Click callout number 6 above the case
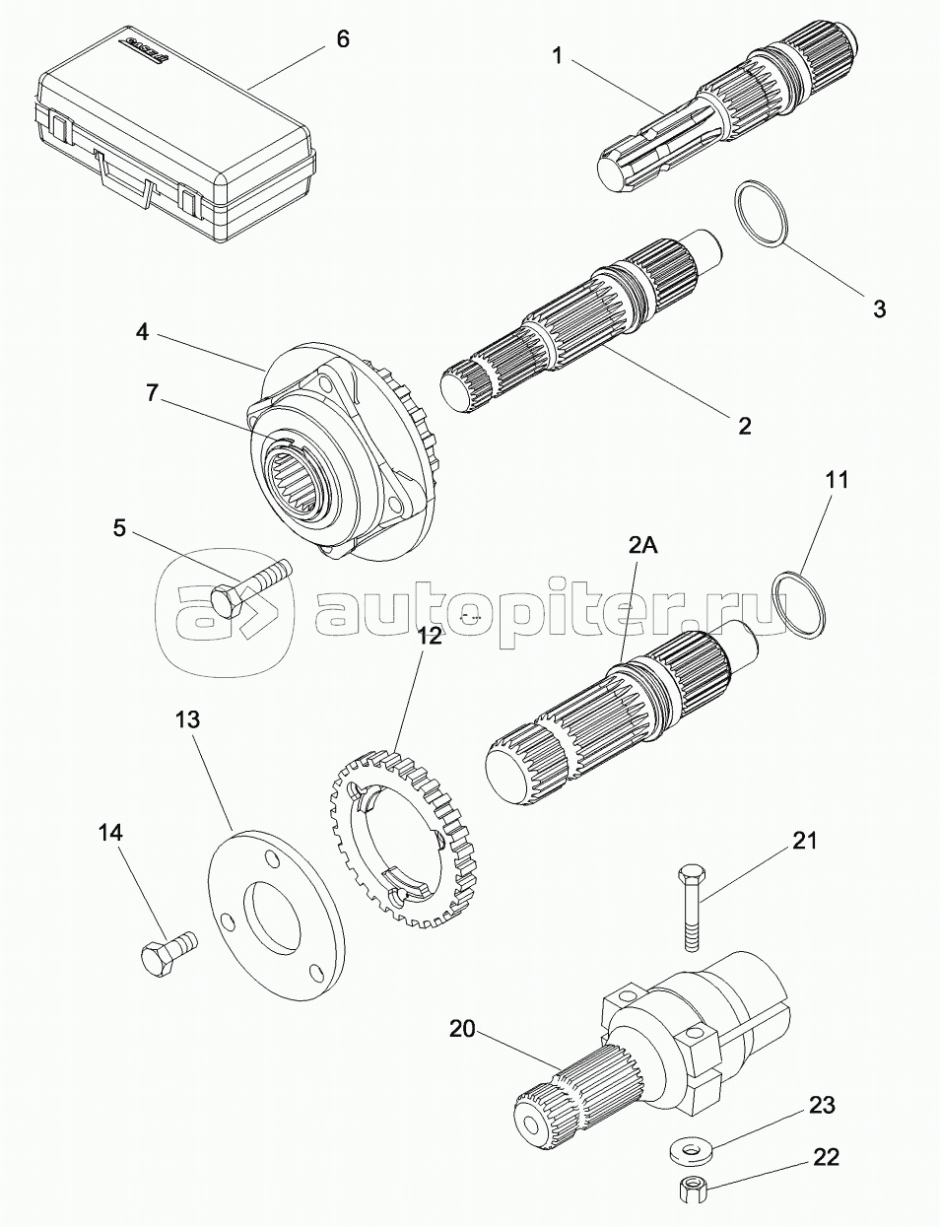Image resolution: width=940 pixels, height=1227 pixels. point(342,39)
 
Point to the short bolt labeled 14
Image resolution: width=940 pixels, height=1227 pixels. point(167,952)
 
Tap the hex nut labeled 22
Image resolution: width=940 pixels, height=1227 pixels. point(689,1190)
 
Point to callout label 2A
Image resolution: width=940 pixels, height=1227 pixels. point(642,545)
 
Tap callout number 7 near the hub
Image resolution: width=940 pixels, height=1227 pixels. point(151,392)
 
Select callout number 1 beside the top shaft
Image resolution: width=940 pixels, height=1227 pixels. point(557,56)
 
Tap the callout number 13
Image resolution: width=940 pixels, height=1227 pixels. point(187,720)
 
